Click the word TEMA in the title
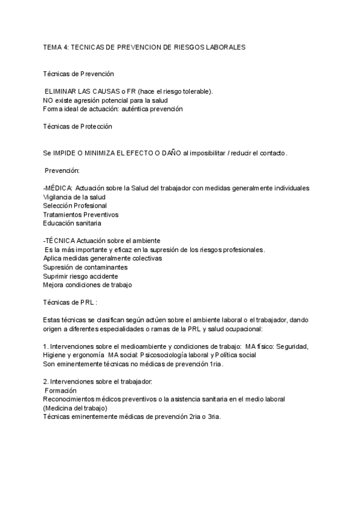52,46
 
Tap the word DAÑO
169,153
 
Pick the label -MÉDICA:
58,188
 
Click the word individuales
290,188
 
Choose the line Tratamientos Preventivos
80,214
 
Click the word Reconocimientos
72,399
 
